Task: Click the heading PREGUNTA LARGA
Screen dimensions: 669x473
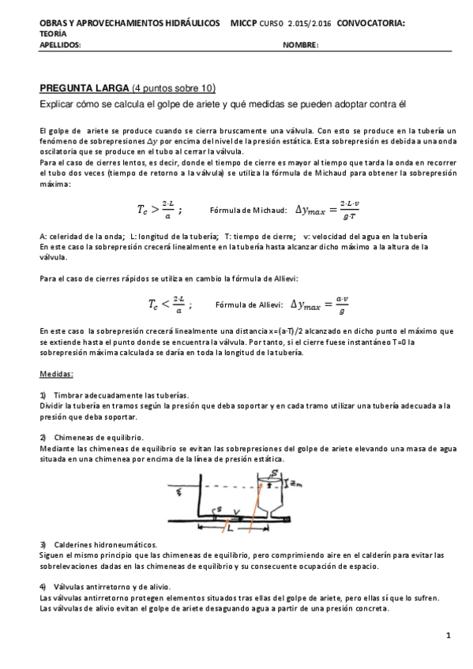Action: click(84, 88)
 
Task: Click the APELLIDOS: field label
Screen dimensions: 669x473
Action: click(60, 45)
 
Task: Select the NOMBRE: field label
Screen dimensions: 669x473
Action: click(300, 45)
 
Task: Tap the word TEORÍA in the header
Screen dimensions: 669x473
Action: click(53, 34)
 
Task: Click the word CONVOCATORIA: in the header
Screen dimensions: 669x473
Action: click(370, 24)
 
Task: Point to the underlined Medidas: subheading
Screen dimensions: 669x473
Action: click(55, 373)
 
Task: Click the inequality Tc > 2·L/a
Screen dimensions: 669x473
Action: click(159, 210)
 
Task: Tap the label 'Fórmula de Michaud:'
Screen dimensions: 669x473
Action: click(250, 211)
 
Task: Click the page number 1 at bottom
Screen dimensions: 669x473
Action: click(447, 635)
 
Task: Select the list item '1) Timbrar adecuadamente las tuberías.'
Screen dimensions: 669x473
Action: click(114, 394)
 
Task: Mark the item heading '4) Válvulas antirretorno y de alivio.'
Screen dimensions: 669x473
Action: click(111, 586)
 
